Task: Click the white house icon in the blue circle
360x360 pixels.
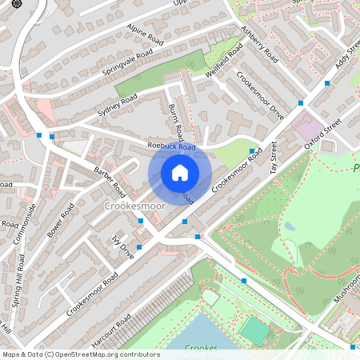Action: (180, 173)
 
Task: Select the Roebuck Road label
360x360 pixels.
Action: (172, 147)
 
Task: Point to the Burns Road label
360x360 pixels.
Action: (177, 120)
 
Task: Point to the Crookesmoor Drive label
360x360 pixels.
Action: (260, 95)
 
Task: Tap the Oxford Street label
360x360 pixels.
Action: (323, 134)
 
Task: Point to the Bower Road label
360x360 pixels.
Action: (61, 219)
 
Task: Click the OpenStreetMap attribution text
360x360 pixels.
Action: (81, 354)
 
